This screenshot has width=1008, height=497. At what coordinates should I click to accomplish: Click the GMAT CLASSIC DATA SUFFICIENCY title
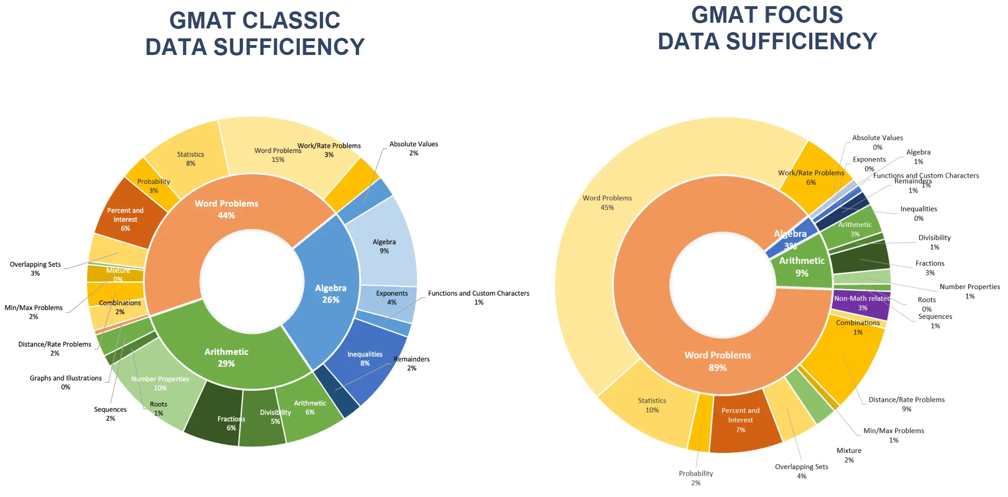click(255, 34)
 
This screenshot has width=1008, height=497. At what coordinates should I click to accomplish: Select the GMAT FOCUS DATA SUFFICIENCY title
click(767, 28)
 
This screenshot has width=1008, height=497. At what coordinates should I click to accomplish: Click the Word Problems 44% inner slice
click(226, 209)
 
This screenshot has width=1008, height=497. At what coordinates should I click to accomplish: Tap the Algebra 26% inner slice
click(331, 294)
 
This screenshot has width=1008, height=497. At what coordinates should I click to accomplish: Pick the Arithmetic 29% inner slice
click(226, 358)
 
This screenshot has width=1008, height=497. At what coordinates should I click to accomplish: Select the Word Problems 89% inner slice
click(717, 361)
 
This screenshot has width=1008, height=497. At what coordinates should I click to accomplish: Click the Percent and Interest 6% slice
click(126, 219)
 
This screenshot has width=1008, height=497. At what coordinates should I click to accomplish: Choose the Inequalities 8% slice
click(365, 359)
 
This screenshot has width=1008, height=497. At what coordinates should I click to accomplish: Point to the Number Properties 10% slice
click(160, 383)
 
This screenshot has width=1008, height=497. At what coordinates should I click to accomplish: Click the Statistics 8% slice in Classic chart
click(190, 159)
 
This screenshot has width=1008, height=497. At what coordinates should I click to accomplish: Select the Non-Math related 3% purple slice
click(862, 303)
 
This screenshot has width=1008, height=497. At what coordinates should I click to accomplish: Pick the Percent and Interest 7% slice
click(740, 420)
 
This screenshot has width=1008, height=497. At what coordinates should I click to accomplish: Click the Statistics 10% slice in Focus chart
click(652, 406)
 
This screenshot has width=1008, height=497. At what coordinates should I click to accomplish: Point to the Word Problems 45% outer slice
click(607, 203)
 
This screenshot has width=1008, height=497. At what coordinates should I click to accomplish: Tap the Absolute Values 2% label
click(414, 148)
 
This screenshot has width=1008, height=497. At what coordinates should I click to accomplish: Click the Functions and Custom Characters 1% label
click(478, 298)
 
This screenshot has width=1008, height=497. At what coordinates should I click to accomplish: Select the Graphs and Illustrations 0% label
click(65, 382)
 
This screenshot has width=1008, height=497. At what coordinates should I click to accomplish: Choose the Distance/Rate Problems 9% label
click(906, 404)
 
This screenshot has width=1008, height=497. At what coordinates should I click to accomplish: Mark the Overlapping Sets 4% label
click(801, 471)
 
